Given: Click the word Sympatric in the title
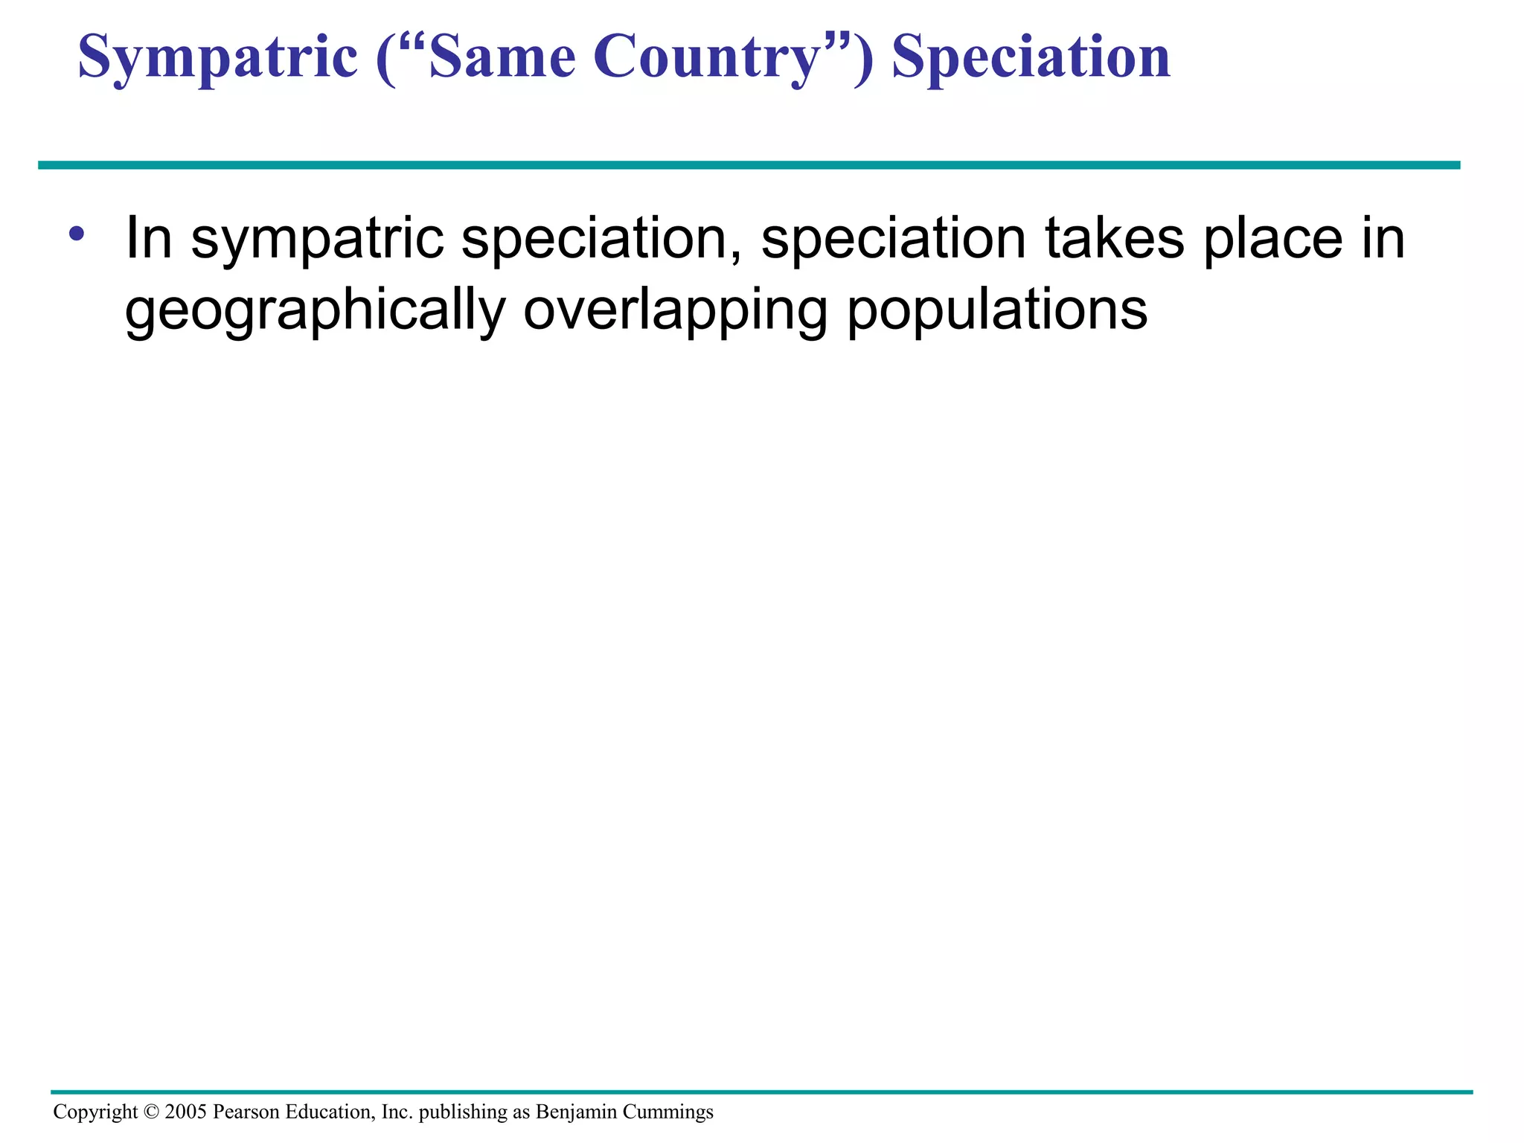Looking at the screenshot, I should pyautogui.click(x=217, y=58).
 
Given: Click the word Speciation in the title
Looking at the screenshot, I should pyautogui.click(x=1031, y=58).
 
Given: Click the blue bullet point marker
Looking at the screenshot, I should pyautogui.click(x=76, y=234).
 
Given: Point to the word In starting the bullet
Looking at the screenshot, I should pyautogui.click(x=149, y=238).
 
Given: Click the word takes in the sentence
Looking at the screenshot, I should pyautogui.click(x=1114, y=238).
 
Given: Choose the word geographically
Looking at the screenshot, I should pyautogui.click(x=315, y=311).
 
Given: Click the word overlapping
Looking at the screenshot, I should pyautogui.click(x=675, y=311).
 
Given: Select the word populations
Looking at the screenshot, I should pyautogui.click(x=997, y=311).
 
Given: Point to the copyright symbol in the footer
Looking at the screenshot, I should pyautogui.click(x=151, y=1112).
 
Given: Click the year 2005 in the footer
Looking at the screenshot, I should pyautogui.click(x=185, y=1112).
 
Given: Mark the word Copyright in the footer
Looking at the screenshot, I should pyautogui.click(x=95, y=1112).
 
